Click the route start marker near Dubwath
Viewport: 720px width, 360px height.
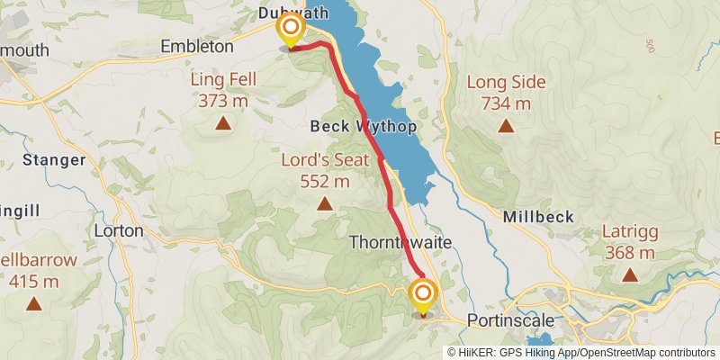point(290,31)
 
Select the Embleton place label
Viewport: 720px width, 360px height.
point(196,46)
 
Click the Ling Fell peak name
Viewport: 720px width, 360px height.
point(223,79)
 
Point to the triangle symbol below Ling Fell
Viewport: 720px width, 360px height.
point(223,122)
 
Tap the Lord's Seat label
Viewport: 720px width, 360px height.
point(324,160)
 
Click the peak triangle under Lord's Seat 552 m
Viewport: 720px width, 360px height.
point(324,204)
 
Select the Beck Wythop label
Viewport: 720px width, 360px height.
point(364,127)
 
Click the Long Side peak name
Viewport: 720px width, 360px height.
point(507,83)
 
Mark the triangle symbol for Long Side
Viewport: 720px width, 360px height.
point(507,126)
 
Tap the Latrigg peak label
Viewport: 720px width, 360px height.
point(630,232)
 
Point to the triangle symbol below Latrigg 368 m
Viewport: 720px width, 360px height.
point(630,275)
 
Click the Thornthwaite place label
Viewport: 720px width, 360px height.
point(400,243)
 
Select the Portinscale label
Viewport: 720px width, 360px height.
point(508,320)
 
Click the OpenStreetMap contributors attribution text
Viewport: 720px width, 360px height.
point(646,353)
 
